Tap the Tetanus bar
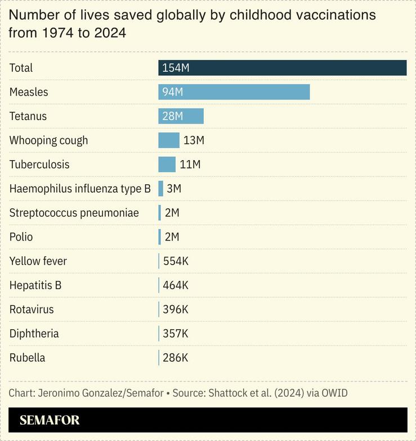(181, 116)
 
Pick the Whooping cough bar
(168, 140)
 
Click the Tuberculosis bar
(167, 165)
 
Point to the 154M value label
(176, 68)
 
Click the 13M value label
(194, 140)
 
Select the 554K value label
(176, 261)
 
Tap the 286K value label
(176, 358)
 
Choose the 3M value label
(174, 189)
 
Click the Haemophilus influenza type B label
(80, 189)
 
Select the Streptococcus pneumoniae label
(74, 213)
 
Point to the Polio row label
(21, 237)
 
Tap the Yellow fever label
(38, 261)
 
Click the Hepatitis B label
(35, 285)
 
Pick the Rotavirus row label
(32, 310)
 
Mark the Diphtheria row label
(34, 334)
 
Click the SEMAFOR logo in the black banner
(50, 420)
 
